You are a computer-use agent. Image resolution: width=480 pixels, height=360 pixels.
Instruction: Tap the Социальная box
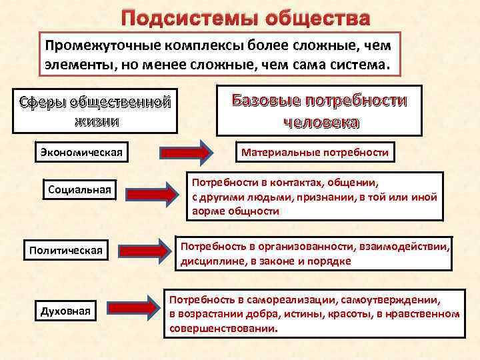79,190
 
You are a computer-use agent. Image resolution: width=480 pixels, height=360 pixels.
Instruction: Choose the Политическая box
65,251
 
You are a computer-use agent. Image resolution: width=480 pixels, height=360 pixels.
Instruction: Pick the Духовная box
65,311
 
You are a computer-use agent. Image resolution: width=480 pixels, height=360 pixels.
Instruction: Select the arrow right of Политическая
147,251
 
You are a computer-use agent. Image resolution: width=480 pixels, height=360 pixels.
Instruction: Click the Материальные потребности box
315,153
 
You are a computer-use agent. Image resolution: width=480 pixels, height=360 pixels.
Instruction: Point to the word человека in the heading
321,123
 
